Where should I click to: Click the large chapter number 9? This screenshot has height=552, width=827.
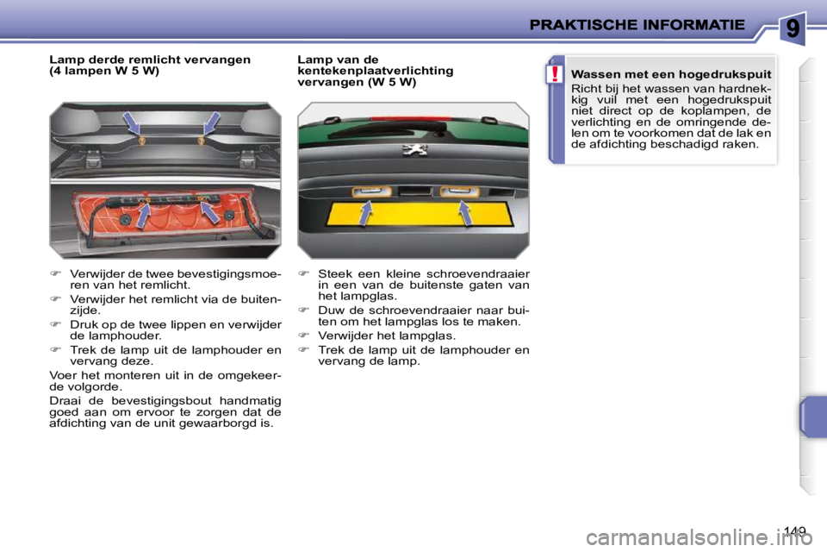[792, 29]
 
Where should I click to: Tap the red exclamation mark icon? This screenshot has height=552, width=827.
[557, 75]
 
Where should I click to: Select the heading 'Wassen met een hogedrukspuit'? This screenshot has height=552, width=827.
[671, 75]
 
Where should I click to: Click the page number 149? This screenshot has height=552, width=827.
[796, 530]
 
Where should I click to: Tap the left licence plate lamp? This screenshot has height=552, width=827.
[370, 191]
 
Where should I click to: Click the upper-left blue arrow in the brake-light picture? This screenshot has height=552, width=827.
[134, 124]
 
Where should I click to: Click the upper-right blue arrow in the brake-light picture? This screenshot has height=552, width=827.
[209, 124]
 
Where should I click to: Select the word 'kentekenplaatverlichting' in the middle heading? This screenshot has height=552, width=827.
[375, 71]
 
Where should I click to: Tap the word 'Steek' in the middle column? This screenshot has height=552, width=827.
[333, 273]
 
